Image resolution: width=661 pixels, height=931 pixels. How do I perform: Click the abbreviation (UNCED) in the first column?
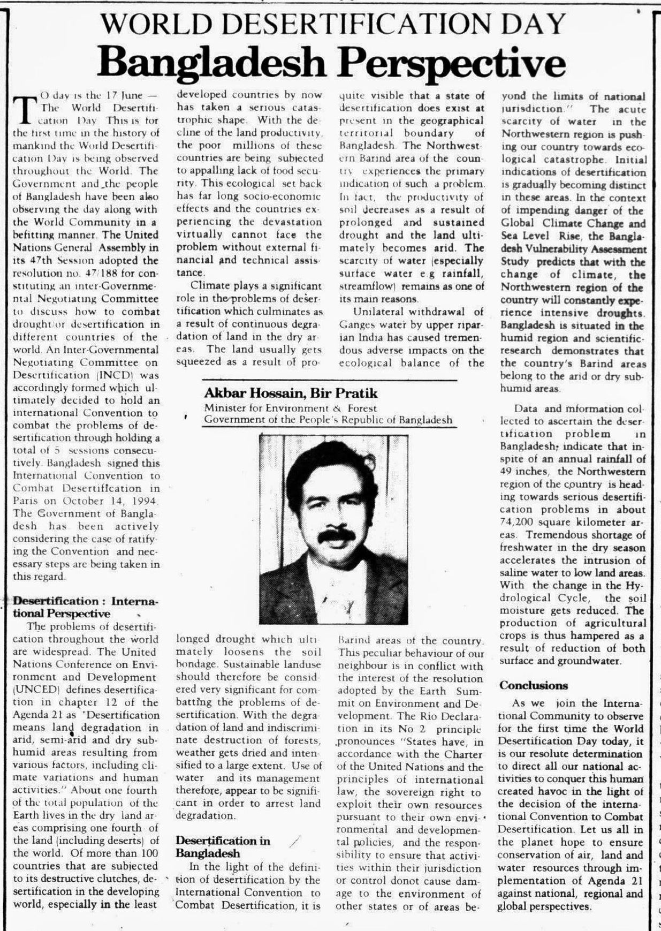click(31, 690)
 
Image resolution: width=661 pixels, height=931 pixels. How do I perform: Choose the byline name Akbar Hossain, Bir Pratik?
click(291, 393)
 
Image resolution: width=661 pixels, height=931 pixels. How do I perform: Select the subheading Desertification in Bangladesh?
click(222, 847)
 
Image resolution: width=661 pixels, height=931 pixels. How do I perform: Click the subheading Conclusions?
click(526, 685)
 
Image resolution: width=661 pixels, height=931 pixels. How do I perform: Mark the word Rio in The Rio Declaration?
click(432, 716)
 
